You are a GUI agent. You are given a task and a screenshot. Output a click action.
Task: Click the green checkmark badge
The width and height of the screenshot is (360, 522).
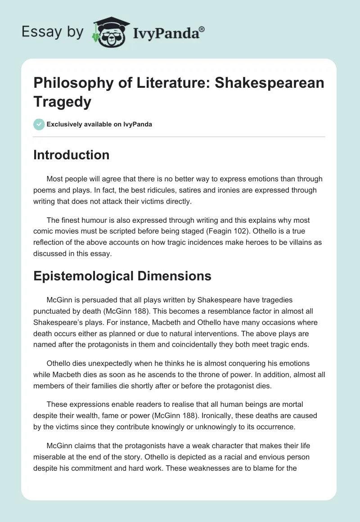(39, 124)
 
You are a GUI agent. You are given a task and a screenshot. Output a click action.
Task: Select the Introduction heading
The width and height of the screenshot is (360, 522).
(72, 155)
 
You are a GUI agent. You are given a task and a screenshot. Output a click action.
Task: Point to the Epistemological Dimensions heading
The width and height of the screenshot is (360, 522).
(122, 276)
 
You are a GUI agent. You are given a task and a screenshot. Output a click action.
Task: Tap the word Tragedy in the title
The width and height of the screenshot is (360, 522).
(63, 102)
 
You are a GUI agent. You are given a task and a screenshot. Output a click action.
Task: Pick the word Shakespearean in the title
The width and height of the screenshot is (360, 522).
(274, 83)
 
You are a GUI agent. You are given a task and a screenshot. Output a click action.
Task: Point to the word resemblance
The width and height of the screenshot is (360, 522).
(191, 310)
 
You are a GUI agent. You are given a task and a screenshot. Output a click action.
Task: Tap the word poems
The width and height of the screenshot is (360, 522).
(44, 190)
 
